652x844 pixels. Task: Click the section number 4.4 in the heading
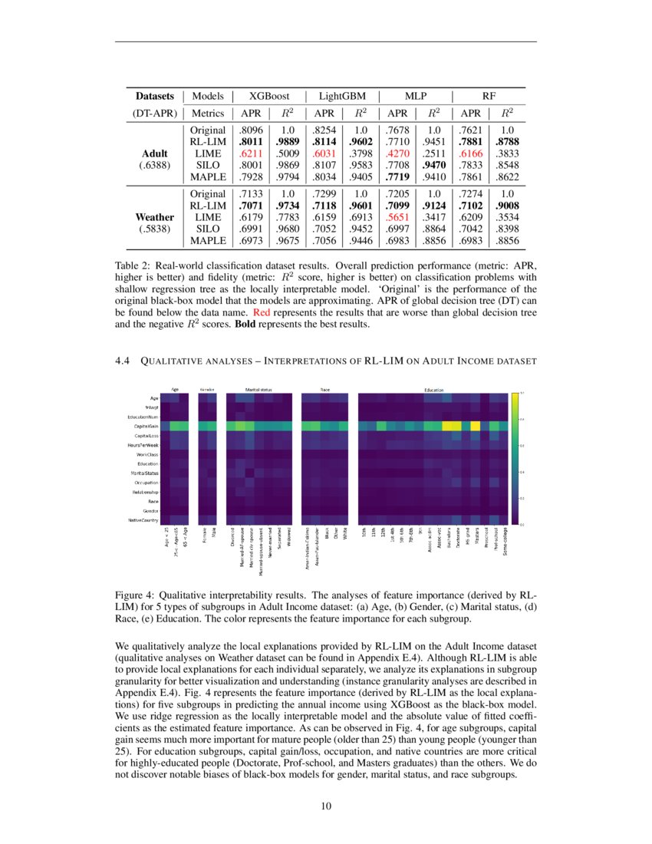click(x=123, y=361)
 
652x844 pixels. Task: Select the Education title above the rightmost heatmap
click(x=434, y=390)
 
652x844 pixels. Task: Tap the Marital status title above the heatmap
click(x=258, y=390)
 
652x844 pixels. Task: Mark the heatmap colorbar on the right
click(x=514, y=458)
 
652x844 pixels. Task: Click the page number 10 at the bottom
click(x=325, y=806)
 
